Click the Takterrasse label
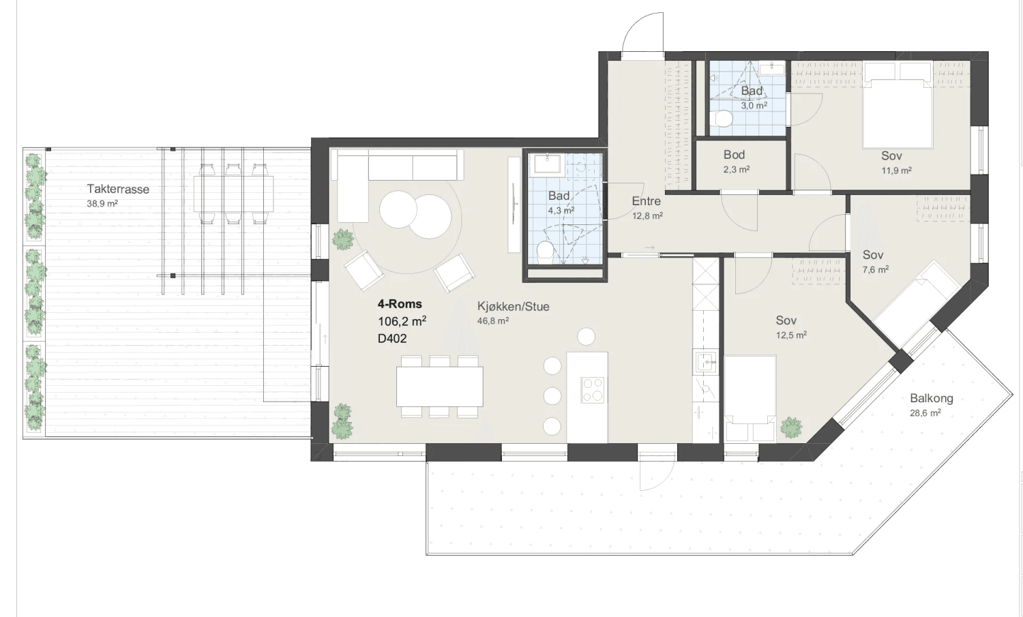coord(118,189)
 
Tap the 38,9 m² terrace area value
coord(102,203)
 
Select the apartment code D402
coord(392,338)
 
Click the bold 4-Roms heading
coord(400,303)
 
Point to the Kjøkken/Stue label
coord(514,306)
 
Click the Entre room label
coord(647,201)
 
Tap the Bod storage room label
coord(734,155)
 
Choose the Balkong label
coord(931,398)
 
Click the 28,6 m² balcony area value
coord(925,413)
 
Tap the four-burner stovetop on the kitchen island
coord(593,390)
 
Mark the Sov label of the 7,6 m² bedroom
coord(873,255)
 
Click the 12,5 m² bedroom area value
coord(791,335)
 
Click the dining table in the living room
coord(439,387)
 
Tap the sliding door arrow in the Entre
coord(649,247)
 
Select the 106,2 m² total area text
coord(402,321)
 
